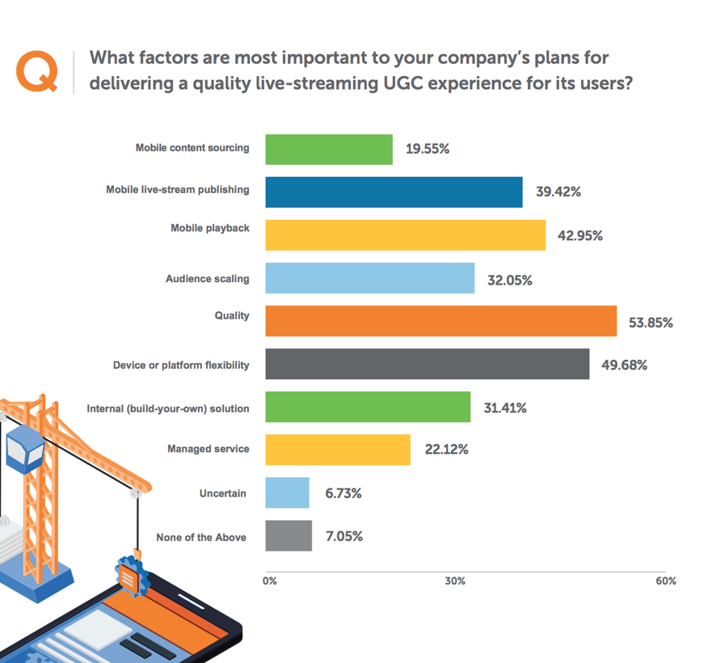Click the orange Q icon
click(x=37, y=71)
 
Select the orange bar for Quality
click(x=440, y=322)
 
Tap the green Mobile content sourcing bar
click(x=329, y=150)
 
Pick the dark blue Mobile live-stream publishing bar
click(x=394, y=192)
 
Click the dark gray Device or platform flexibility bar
click(x=427, y=365)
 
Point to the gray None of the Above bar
click(x=289, y=536)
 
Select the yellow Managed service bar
click(x=338, y=450)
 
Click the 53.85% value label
click(x=651, y=323)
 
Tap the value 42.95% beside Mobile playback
click(x=580, y=236)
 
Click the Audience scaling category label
click(x=208, y=279)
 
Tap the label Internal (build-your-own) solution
click(x=168, y=408)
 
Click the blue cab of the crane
click(x=25, y=450)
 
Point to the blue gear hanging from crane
click(x=128, y=575)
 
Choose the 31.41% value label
click(x=505, y=408)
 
